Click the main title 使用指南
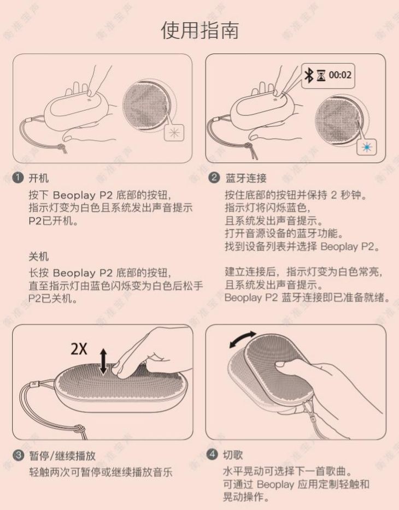click(200, 30)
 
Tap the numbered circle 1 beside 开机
click(18, 177)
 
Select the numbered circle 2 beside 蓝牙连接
click(214, 177)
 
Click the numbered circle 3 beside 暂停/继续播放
click(18, 455)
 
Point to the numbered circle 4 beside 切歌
click(212, 454)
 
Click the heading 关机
click(38, 257)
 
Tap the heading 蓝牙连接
click(246, 178)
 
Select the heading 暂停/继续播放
click(62, 455)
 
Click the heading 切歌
click(233, 455)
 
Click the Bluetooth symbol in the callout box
click(308, 75)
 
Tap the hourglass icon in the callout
click(321, 75)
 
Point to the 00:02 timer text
click(340, 75)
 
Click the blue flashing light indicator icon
click(367, 147)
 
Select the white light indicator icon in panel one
click(174, 132)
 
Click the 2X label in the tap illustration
click(79, 349)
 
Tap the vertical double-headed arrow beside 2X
click(103, 361)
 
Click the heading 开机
click(38, 178)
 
